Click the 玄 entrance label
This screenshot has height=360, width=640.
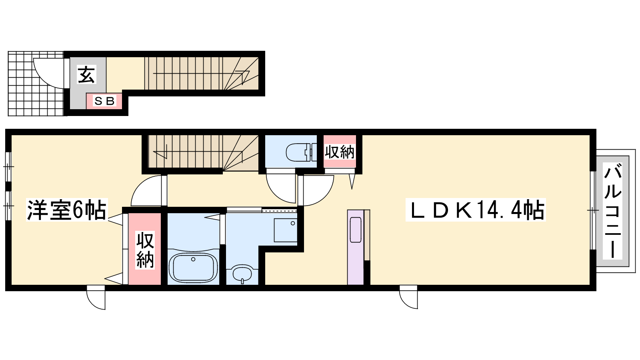click(x=86, y=74)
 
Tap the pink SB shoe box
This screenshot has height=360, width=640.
click(x=104, y=101)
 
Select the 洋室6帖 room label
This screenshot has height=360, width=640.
click(x=66, y=210)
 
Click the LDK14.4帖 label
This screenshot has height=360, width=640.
click(x=476, y=210)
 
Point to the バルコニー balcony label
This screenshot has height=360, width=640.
click(x=612, y=211)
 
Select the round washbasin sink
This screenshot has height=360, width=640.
click(x=242, y=274)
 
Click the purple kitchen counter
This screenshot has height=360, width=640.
click(x=356, y=247)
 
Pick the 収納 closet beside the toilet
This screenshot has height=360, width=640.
click(x=340, y=152)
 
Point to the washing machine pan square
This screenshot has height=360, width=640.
click(x=286, y=230)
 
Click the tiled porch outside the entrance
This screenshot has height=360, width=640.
click(x=36, y=84)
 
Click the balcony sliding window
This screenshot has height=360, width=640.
click(x=593, y=210)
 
